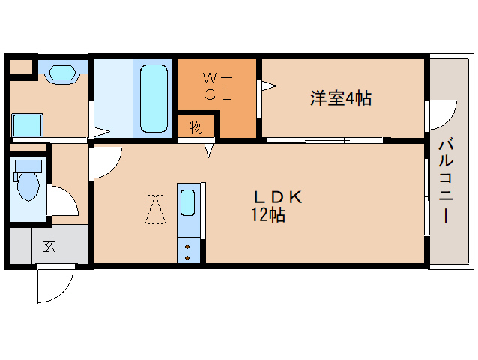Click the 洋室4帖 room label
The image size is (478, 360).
(x=341, y=98)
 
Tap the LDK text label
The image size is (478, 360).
(x=276, y=197)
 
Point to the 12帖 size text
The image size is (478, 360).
(x=267, y=216)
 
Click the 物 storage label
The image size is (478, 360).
(x=196, y=127)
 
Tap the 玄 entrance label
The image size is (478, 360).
(x=49, y=245)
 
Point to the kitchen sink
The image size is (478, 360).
(x=188, y=203)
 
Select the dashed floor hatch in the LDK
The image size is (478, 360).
(x=156, y=209)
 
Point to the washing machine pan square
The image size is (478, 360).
(x=28, y=124)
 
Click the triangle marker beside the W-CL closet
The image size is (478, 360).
(x=267, y=86)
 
